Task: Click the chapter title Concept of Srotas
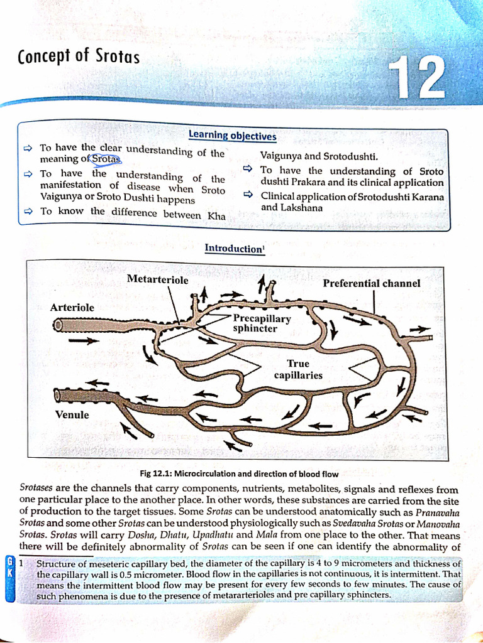79,57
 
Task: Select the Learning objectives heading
232,136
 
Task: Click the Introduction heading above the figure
234,249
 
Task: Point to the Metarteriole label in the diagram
157,279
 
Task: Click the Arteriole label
72,308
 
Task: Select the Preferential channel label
372,283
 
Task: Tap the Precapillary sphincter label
262,323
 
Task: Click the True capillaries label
298,369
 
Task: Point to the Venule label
72,415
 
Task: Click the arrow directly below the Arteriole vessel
84,341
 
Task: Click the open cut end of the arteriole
58,325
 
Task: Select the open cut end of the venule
58,395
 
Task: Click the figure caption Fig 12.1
238,474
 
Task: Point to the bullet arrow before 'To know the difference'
28,212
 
